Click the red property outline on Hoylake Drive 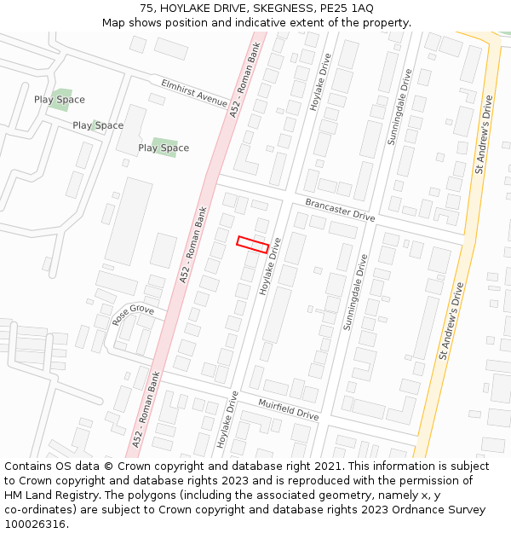coord(252,244)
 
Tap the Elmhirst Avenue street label coord(194,92)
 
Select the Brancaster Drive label coord(340,210)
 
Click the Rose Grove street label coord(133,316)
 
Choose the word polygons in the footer coord(158,495)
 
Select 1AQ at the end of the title coord(359,8)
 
